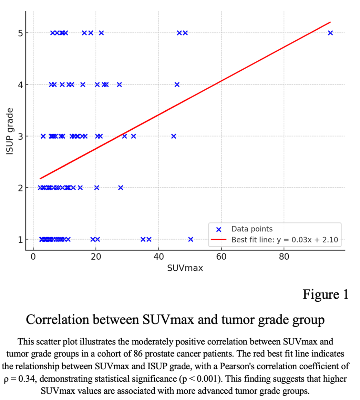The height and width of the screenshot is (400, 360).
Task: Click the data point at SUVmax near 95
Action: coord(330,33)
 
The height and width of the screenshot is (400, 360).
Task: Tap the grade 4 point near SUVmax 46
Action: coord(177,84)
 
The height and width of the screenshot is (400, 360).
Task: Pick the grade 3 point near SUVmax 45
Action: coord(174,136)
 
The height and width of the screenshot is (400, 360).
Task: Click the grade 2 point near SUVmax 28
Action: coord(121,188)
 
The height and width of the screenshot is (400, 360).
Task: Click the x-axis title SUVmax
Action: coord(185,268)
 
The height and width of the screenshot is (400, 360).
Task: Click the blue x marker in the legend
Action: coord(218,229)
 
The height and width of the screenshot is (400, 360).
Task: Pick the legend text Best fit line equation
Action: coord(285,240)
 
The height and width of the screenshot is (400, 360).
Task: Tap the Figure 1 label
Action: coord(326,294)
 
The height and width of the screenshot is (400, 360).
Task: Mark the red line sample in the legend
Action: coord(218,240)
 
